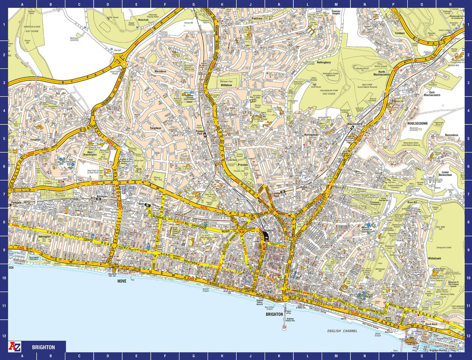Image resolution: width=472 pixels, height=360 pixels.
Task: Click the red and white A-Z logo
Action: coord(15,347)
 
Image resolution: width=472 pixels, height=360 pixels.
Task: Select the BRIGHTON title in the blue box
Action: coord(43,347)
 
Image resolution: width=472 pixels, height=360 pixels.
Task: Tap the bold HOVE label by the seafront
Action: coord(122,281)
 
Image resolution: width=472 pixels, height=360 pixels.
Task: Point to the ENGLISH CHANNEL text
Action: coord(342,331)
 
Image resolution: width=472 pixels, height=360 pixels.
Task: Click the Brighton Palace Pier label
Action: coord(290,320)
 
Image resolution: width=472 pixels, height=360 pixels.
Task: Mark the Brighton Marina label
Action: coord(438,350)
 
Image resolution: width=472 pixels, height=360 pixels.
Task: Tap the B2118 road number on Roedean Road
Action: coord(446,322)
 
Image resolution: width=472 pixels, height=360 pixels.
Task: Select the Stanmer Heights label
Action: coord(336,12)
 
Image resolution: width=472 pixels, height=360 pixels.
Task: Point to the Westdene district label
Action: coord(160,71)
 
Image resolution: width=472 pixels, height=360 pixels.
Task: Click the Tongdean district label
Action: coord(155,128)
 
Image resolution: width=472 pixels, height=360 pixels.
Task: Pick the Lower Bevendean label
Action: coord(445,174)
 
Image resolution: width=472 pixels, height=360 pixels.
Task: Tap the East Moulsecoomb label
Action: coord(432,94)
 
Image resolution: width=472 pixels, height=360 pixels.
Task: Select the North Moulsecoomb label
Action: coord(382,73)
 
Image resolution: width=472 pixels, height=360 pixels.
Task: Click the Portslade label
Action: coord(16,203)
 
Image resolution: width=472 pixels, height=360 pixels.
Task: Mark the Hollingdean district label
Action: coord(311,135)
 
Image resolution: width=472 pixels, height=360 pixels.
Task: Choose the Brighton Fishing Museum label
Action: coord(260,302)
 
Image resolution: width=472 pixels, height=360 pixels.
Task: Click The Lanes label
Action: coord(269,284)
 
